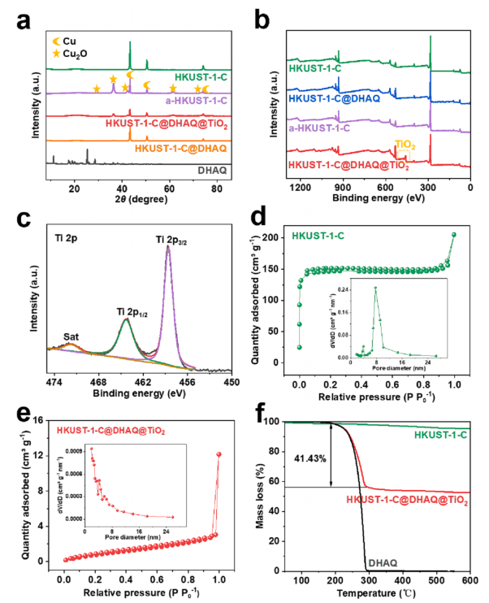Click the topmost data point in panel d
coord(453,235)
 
